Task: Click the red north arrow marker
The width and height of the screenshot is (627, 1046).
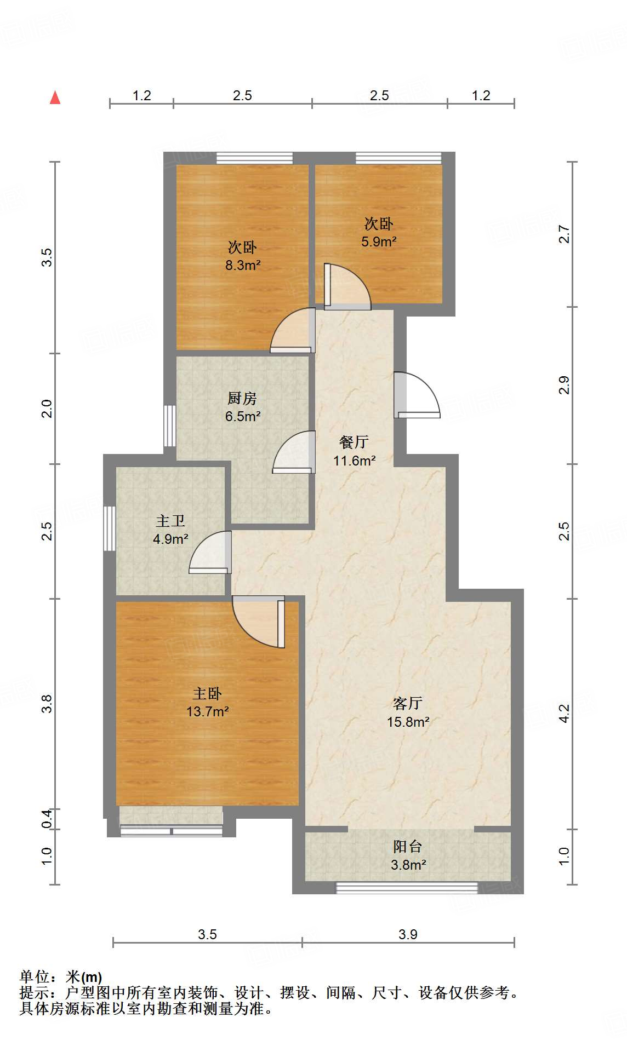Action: point(55,97)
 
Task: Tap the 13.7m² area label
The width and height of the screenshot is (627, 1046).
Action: point(207,711)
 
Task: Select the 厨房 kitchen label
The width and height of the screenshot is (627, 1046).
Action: point(242,398)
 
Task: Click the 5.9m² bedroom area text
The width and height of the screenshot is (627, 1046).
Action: point(379,242)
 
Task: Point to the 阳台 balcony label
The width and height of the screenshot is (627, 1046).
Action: point(407,847)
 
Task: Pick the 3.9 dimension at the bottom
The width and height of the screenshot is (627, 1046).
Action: point(408,934)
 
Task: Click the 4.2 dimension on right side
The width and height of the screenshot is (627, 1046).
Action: point(564,713)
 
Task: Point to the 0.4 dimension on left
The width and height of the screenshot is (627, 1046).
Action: point(47,818)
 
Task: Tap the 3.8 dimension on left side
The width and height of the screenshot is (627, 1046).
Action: point(47,703)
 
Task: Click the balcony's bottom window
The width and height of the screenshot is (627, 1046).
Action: point(407,888)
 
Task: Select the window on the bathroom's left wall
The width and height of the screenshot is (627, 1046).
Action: point(110,528)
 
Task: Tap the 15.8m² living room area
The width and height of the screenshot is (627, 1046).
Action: point(408,722)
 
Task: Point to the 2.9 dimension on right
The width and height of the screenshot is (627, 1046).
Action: point(564,385)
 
